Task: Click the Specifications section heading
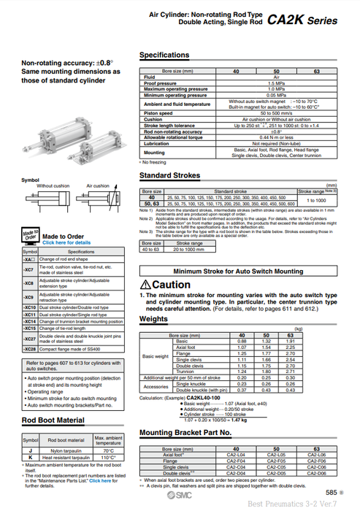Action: pyautogui.click(x=164, y=55)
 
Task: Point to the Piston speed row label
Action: pyautogui.click(x=158, y=113)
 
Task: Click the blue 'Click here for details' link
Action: pyautogui.click(x=66, y=242)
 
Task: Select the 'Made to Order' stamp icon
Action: pyautogui.click(x=30, y=238)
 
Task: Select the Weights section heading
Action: pyautogui.click(x=153, y=319)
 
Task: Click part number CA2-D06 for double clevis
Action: pyautogui.click(x=317, y=472)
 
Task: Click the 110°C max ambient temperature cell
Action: pyautogui.click(x=109, y=458)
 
